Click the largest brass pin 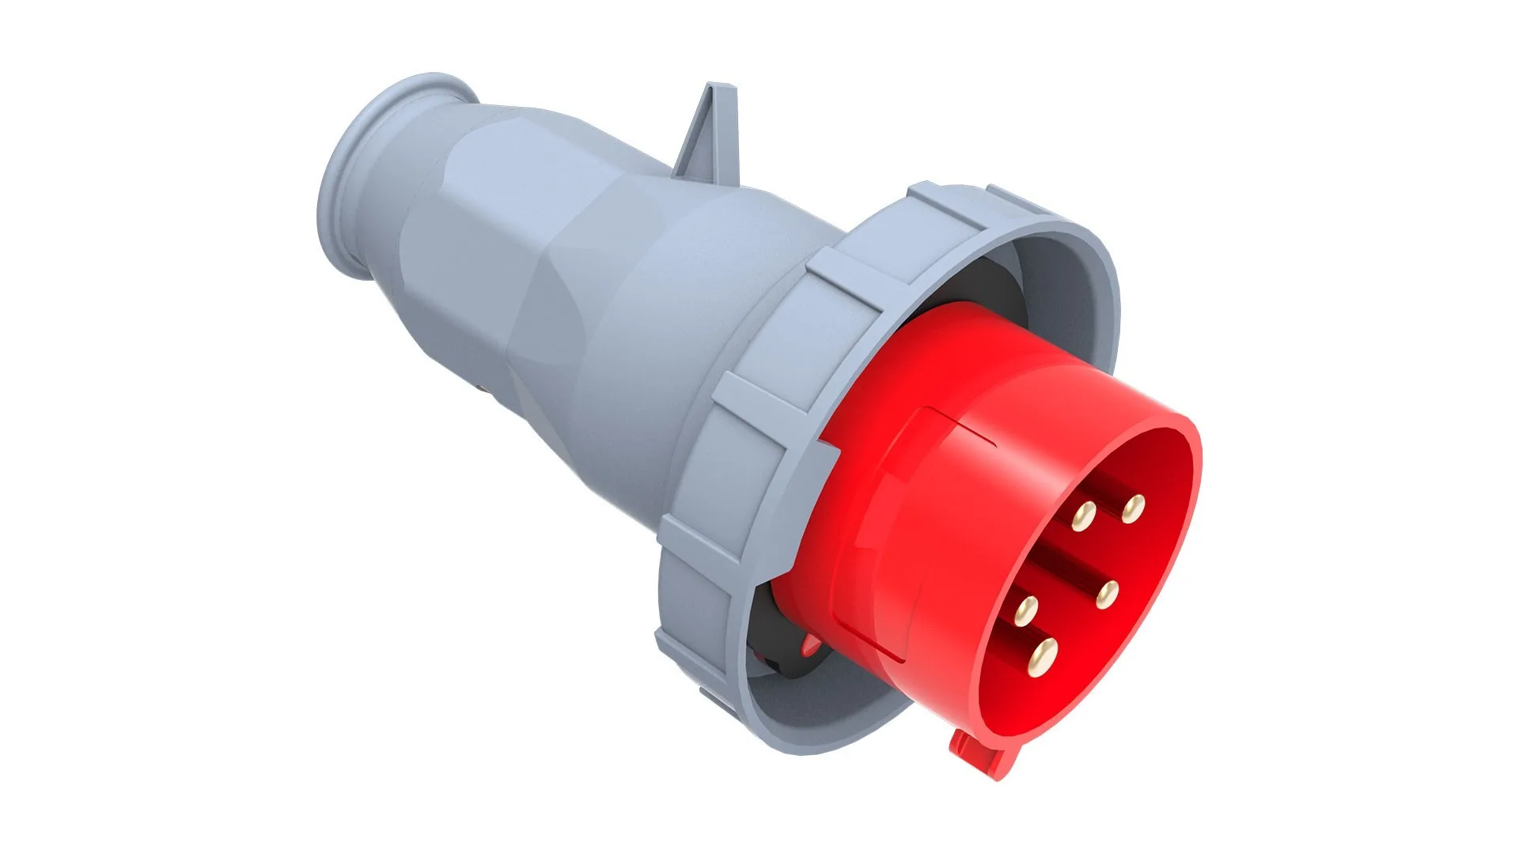coord(1042,653)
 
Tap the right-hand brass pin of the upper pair coord(1133,507)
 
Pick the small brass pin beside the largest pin coord(1025,609)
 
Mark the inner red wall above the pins coord(1131,459)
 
